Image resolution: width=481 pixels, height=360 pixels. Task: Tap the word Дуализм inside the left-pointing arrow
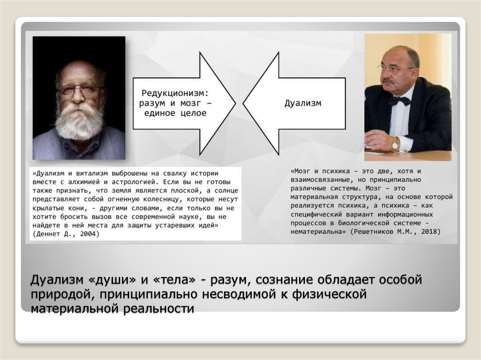[303, 103]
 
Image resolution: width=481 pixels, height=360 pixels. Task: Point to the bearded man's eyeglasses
[79, 90]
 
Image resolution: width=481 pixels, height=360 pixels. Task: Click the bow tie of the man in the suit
[399, 100]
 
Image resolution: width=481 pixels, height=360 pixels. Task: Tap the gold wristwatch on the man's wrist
[395, 144]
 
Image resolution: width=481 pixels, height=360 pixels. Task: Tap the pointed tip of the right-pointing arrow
[234, 103]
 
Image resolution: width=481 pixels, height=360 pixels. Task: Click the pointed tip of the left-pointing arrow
[245, 103]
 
